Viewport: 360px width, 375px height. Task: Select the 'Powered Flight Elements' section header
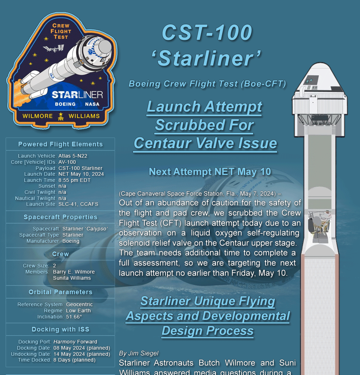pos(60,144)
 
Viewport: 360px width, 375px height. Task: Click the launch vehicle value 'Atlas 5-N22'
pos(73,156)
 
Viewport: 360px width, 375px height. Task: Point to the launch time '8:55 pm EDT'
pos(75,180)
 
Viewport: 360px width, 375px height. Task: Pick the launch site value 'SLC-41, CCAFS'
pos(78,204)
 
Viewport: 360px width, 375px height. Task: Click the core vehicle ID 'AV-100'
pos(67,162)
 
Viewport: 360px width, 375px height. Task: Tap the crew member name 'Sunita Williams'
pos(72,278)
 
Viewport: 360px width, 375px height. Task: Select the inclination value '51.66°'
pos(74,317)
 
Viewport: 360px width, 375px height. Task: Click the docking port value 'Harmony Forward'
pos(75,342)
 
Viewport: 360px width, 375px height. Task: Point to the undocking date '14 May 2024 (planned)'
pos(82,354)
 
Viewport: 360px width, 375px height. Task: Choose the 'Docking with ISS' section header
pos(60,329)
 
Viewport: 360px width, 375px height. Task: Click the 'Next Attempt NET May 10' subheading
pos(210,172)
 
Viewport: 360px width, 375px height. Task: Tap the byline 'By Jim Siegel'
pos(139,353)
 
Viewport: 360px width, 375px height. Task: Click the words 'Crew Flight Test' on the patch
pos(61,31)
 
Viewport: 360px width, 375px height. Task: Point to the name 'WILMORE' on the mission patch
pos(38,116)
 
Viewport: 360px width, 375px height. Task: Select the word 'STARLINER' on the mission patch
pos(78,95)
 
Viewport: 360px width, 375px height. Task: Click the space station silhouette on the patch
pos(53,49)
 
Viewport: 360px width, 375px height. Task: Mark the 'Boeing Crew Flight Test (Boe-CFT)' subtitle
pos(208,84)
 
